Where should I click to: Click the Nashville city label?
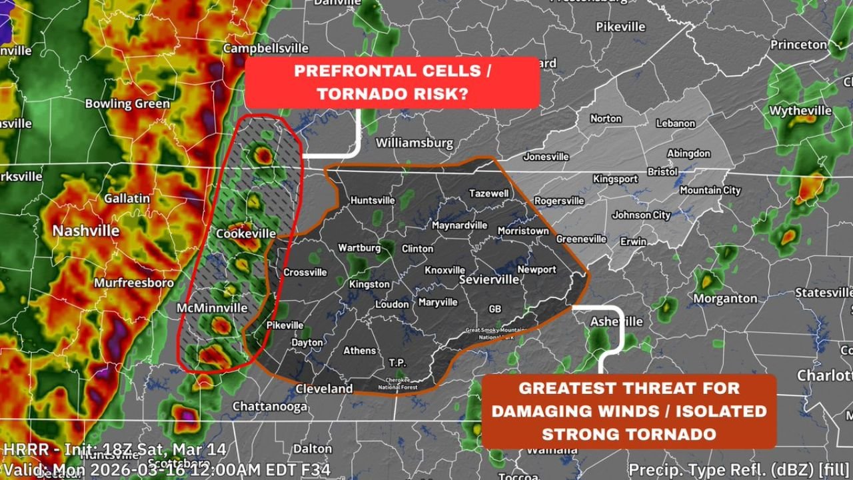[x=86, y=231]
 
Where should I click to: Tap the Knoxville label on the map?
[x=444, y=270]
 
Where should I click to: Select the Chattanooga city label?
[x=270, y=406]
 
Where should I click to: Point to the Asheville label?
[x=616, y=321]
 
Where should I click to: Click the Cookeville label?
[x=246, y=233]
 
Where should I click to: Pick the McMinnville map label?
[x=212, y=308]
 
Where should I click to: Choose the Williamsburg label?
[x=414, y=143]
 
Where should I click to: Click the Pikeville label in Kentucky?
[x=620, y=27]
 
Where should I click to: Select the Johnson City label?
[x=641, y=215]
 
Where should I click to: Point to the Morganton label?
[x=725, y=299]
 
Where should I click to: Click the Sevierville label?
[x=488, y=280]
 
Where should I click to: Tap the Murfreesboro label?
[x=133, y=283]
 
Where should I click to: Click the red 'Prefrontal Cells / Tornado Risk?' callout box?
[x=392, y=83]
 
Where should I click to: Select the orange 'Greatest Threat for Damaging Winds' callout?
[x=628, y=411]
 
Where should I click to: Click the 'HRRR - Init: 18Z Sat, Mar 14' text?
[x=114, y=449]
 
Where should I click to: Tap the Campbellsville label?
[x=266, y=49]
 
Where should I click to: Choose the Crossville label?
[x=305, y=272]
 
